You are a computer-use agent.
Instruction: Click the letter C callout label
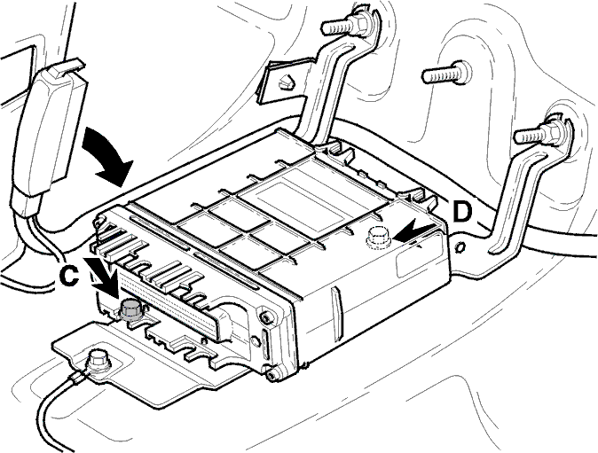pos(69,276)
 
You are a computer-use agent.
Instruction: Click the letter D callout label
pos(462,212)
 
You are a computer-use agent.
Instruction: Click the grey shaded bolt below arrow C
pos(130,309)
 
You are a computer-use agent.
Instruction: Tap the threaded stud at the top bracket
pos(344,25)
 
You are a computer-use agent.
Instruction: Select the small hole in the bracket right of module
pos(460,246)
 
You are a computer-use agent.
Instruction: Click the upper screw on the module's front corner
pos(264,317)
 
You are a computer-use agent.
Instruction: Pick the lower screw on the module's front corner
pos(271,376)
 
